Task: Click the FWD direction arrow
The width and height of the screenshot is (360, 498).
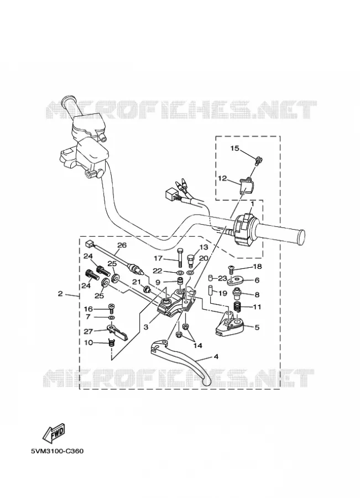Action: pyautogui.click(x=55, y=433)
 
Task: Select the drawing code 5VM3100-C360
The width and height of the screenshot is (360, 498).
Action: pyautogui.click(x=57, y=451)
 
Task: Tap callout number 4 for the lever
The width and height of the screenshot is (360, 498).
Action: pyautogui.click(x=216, y=357)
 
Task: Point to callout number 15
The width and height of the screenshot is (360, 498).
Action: pyautogui.click(x=234, y=148)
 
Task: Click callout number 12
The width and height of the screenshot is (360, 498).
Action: pyautogui.click(x=222, y=179)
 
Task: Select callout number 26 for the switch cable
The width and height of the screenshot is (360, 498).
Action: pyautogui.click(x=122, y=245)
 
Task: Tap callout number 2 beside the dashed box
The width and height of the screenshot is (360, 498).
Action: pyautogui.click(x=60, y=294)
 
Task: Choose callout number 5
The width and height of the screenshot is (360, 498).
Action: pyautogui.click(x=257, y=327)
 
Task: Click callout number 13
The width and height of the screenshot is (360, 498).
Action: pyautogui.click(x=203, y=247)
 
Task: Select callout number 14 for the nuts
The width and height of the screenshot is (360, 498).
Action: pyautogui.click(x=198, y=345)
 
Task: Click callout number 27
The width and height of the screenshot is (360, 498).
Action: pyautogui.click(x=88, y=331)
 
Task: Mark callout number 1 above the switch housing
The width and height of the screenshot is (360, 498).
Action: pyautogui.click(x=252, y=203)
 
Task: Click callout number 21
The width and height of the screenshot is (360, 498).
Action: pyautogui.click(x=136, y=282)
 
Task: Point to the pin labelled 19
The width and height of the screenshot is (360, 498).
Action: pyautogui.click(x=210, y=290)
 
